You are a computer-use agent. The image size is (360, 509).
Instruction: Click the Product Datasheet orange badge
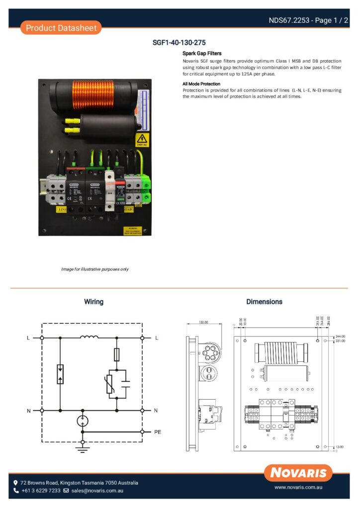pos(61,28)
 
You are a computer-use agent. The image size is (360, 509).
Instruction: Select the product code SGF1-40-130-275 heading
pos(179,43)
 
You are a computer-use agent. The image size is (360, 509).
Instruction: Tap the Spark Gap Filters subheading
pos(202,53)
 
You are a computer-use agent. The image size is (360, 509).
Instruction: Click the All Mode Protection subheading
pos(201,84)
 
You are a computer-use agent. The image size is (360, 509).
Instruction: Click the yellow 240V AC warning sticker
pos(142,140)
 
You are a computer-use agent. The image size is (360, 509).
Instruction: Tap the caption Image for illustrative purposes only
pos(94,269)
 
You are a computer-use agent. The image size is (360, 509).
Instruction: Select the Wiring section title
pos(93,302)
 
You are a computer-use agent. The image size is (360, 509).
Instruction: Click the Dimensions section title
pos(264,302)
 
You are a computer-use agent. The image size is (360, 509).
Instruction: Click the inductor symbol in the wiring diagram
pos(89,338)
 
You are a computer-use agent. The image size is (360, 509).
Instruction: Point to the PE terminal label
pos(157,432)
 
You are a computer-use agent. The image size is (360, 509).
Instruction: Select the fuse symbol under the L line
pos(117,354)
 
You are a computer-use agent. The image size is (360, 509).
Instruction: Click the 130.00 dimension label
pos(203,322)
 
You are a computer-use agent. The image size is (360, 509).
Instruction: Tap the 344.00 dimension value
pos(340,337)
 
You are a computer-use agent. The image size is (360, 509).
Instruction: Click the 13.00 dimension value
pos(340,447)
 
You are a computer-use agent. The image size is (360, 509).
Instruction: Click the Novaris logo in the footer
pos(298,472)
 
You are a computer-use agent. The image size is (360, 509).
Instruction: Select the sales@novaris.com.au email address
pos(97,491)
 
